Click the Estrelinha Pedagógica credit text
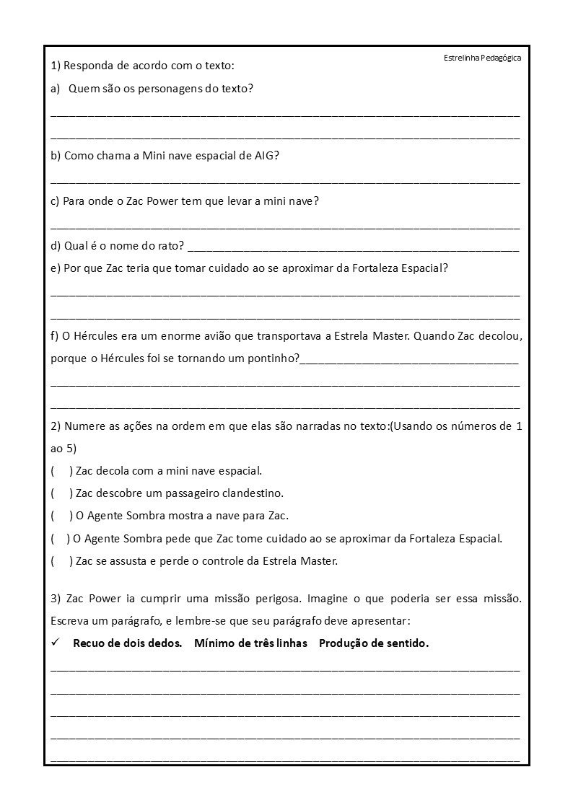(482, 58)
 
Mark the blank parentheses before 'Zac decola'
(61, 471)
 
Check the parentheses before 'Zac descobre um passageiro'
(61, 493)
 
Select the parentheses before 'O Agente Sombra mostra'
(61, 516)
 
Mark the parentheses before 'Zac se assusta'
(61, 560)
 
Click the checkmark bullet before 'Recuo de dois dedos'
(56, 643)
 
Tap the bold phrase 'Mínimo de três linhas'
(250, 643)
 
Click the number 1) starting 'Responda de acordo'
(56, 66)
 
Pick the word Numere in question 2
(84, 426)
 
